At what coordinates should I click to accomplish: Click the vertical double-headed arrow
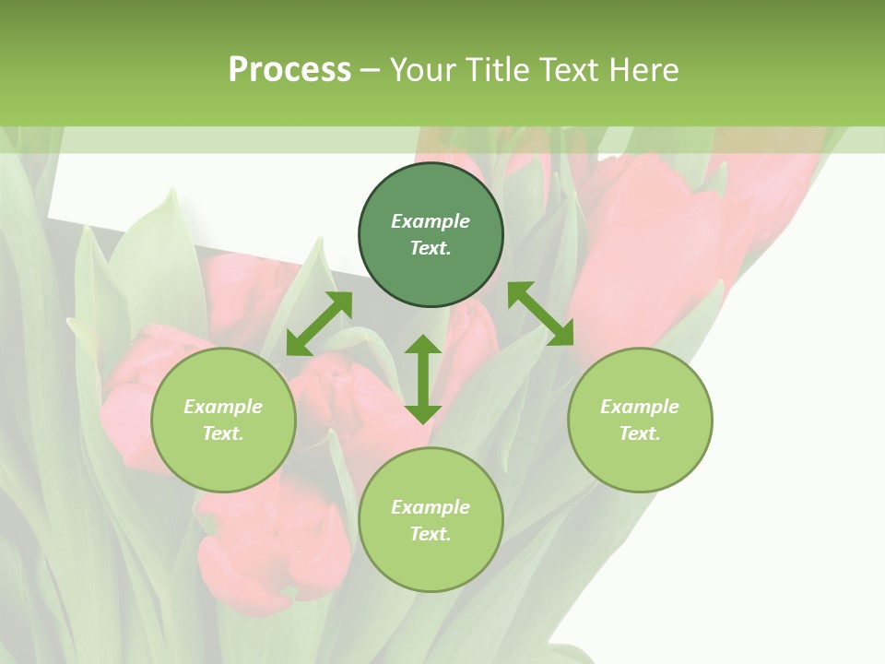point(423,379)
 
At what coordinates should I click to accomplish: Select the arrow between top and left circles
point(319,324)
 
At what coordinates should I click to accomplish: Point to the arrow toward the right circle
point(540,314)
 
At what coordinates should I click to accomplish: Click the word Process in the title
point(289,70)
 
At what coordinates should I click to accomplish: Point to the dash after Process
point(371,70)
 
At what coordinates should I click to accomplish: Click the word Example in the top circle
point(431,221)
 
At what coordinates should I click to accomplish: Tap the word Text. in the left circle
point(223,433)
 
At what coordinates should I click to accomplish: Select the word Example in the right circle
point(640,407)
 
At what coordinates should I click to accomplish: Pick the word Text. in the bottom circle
point(431,534)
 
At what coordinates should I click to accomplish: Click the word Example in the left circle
point(223,407)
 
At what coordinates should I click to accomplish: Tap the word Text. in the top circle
point(431,248)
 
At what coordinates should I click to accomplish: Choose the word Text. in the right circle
point(640,433)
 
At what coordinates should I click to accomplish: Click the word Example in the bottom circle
point(431,507)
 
